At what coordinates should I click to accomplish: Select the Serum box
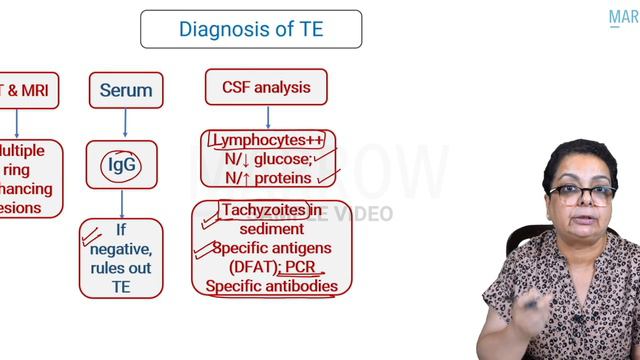coord(125,91)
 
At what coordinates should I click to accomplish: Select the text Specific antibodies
coord(271,287)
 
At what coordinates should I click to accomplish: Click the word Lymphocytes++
coord(268,141)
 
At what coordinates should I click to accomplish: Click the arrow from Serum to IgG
coord(125,124)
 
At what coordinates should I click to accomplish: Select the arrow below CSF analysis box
coord(267,116)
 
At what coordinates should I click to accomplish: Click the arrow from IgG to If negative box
coord(122,203)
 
